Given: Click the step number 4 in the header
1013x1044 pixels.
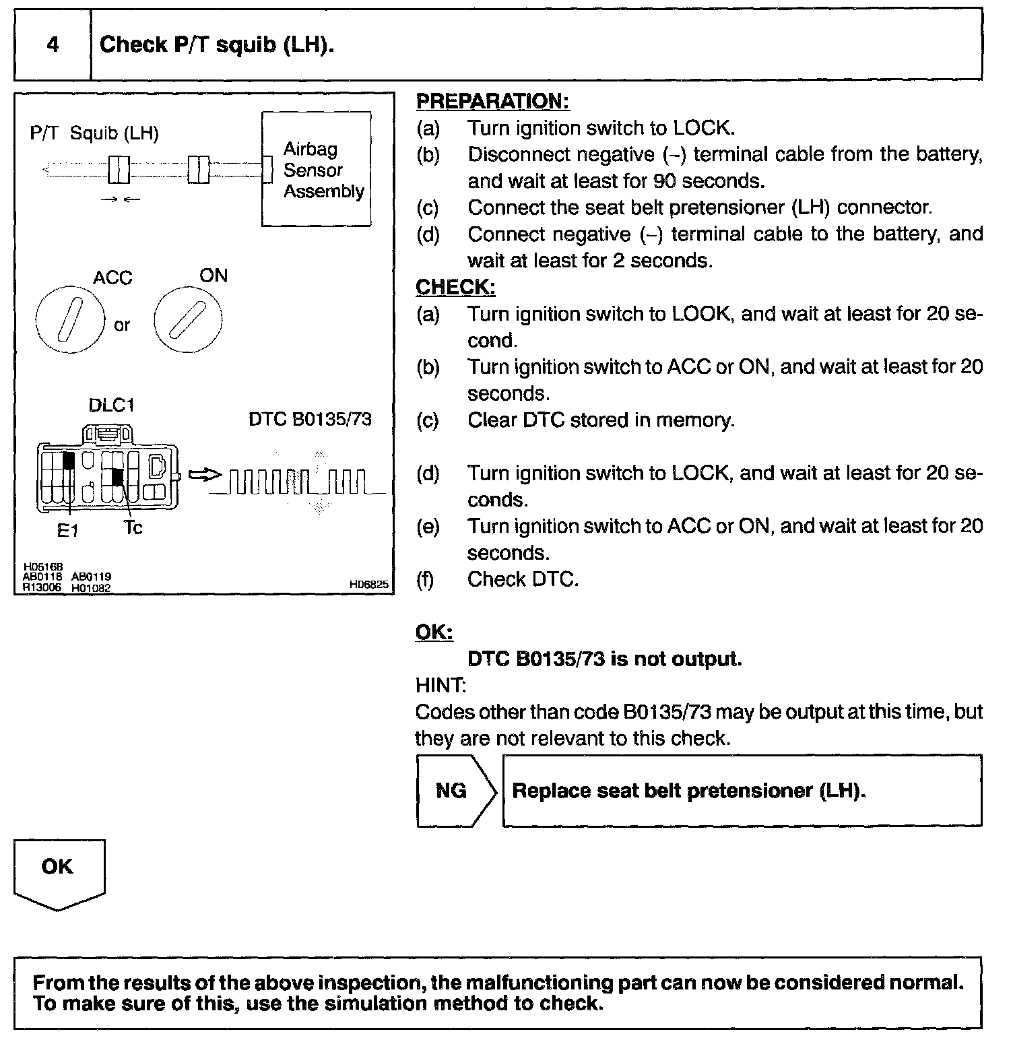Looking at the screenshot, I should pos(53,45).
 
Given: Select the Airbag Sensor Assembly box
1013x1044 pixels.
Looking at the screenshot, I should pos(316,170).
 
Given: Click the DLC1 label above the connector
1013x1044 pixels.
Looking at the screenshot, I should pos(112,405).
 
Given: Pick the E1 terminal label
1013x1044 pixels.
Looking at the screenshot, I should pos(67,531).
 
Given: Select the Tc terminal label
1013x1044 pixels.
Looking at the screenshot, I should pos(133,528).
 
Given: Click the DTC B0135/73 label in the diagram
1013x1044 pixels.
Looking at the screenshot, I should pos(310,420).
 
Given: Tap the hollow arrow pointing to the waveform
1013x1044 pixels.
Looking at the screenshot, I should pos(205,476).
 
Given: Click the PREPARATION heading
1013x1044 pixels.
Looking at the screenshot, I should pos(492,102).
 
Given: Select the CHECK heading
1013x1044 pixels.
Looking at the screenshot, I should pos(455,288).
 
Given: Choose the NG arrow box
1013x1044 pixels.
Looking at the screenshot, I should pos(455,791).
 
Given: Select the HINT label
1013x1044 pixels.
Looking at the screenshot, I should pos(440,686).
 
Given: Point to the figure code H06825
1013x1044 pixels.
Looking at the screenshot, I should pos(368,585).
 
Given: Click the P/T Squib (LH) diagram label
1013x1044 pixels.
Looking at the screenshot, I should pos(94,133).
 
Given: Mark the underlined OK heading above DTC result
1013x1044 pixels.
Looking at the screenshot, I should pos(434,632).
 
